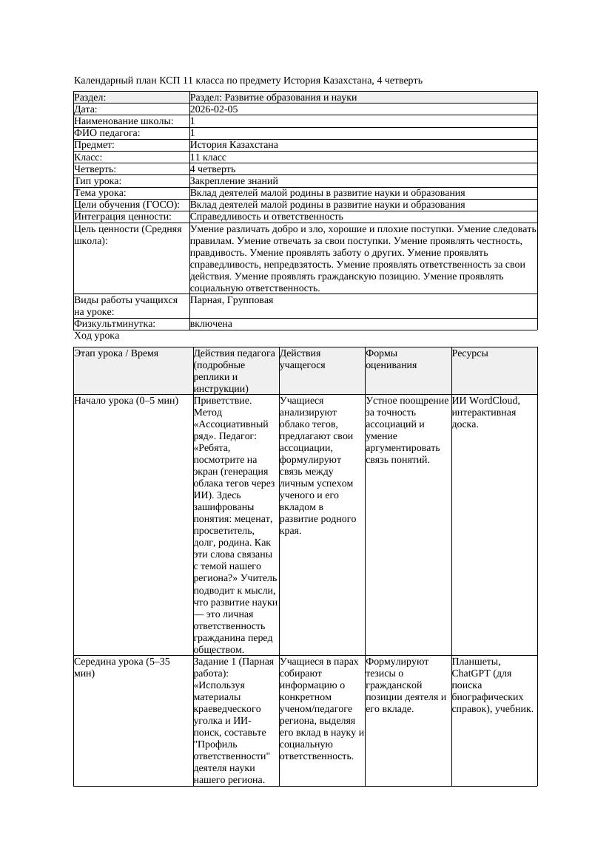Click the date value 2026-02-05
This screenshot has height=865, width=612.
click(214, 109)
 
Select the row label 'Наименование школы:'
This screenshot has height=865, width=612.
click(124, 121)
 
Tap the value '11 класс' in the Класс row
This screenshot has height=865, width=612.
click(208, 157)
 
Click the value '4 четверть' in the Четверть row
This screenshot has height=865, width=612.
click(213, 169)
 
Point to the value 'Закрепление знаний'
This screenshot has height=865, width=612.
click(234, 181)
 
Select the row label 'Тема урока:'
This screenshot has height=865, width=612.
click(104, 193)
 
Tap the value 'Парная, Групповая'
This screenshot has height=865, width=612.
click(232, 300)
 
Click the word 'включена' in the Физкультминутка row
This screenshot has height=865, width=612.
click(211, 324)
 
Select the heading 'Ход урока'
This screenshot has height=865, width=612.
click(96, 336)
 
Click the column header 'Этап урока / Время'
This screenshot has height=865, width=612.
click(116, 353)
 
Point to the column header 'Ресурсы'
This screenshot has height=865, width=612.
click(470, 353)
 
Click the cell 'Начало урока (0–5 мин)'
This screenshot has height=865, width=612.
click(127, 401)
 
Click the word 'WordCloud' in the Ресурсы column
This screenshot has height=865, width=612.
click(491, 401)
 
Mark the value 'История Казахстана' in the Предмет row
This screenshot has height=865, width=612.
click(234, 146)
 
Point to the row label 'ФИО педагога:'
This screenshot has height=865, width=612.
click(107, 133)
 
